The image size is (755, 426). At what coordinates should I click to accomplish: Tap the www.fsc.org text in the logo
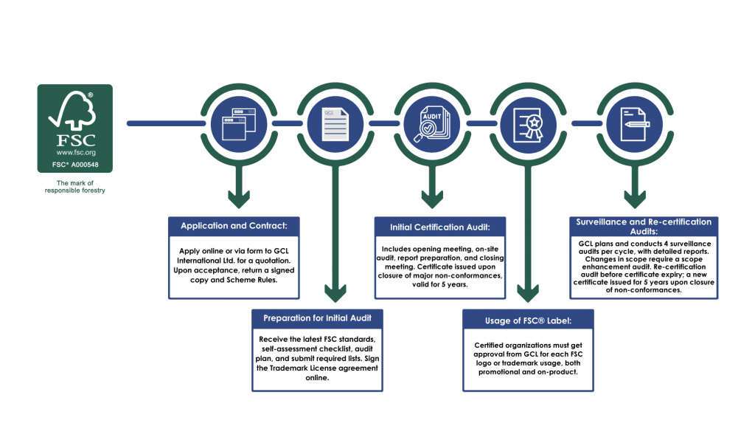point(74,152)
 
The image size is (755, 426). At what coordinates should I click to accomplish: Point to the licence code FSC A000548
point(74,165)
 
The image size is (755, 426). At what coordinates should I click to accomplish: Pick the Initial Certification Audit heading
point(439,227)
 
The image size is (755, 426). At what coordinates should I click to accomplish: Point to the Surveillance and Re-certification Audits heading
point(643,226)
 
